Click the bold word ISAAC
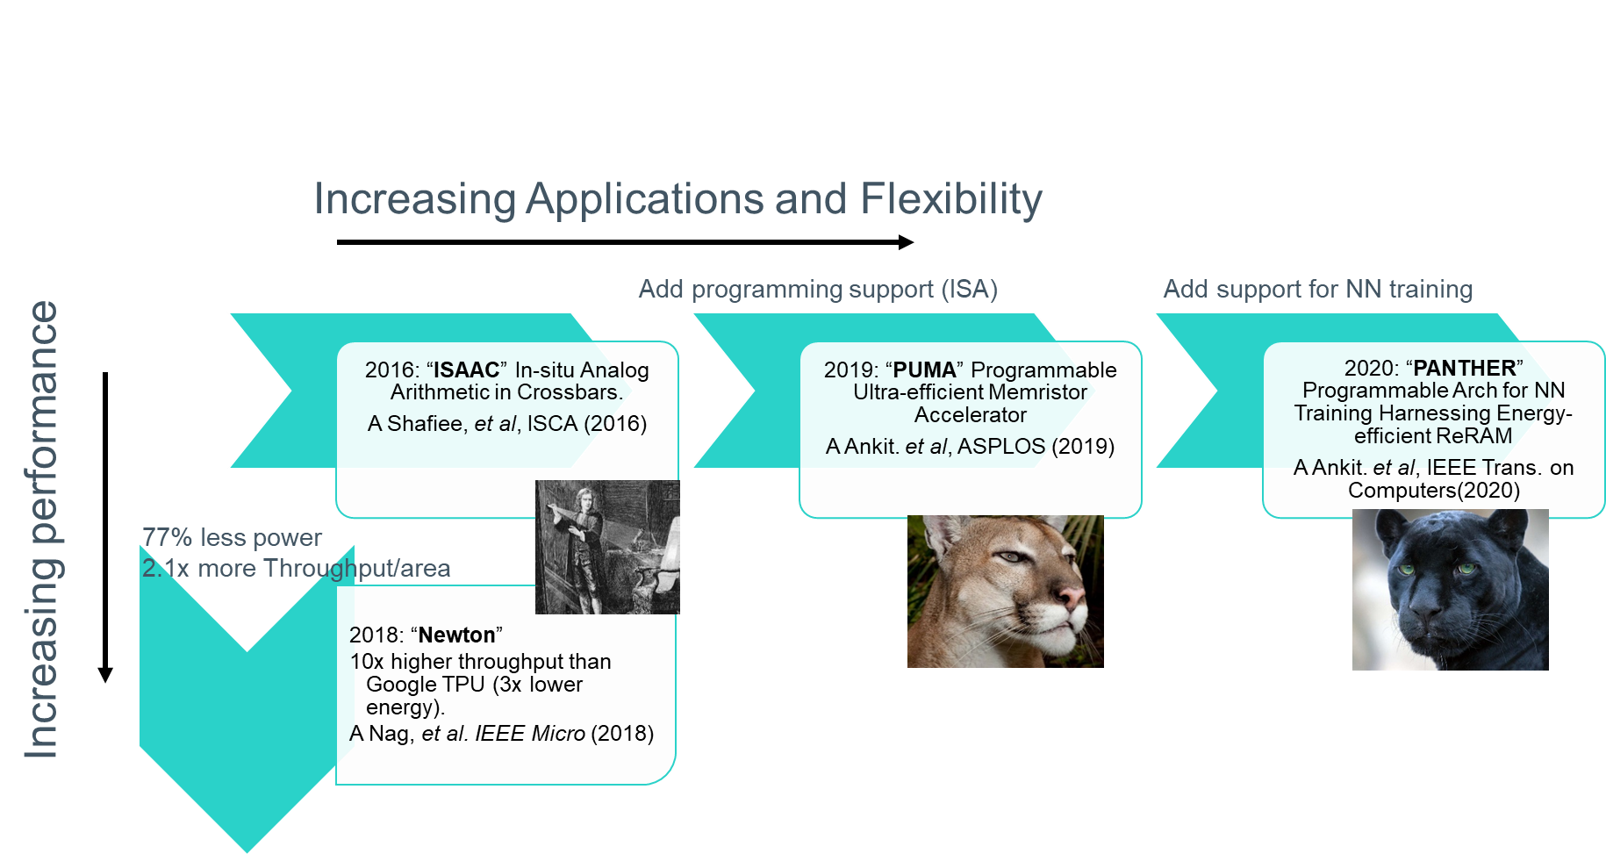(x=466, y=370)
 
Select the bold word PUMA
(x=924, y=370)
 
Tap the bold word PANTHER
(x=1464, y=368)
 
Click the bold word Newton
(x=456, y=635)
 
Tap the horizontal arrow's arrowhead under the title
(x=907, y=242)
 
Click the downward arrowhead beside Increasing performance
(x=105, y=675)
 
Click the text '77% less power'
(x=232, y=537)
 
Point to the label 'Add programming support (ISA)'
(x=818, y=289)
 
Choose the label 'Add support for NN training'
(x=1318, y=289)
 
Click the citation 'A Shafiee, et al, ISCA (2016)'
(x=507, y=424)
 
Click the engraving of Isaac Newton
(x=607, y=547)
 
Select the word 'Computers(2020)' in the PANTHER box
(x=1434, y=490)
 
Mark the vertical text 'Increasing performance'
(x=41, y=529)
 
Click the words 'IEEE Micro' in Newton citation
(x=530, y=734)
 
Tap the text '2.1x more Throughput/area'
(x=297, y=569)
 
